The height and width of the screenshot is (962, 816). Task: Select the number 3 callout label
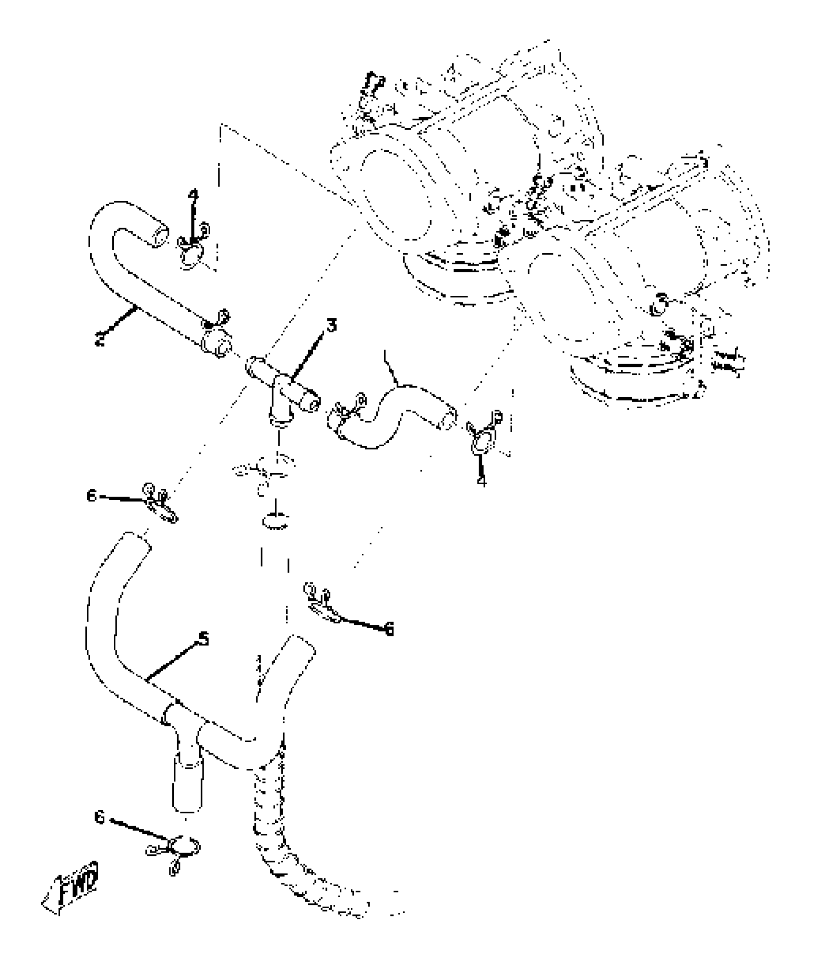click(x=331, y=326)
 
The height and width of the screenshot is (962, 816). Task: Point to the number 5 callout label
click(x=204, y=639)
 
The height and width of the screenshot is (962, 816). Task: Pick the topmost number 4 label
click(x=192, y=195)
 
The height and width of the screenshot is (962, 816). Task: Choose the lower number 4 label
click(x=481, y=480)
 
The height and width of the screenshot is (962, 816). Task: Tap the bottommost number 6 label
click(x=99, y=817)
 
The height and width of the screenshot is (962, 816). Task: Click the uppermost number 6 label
click(x=92, y=495)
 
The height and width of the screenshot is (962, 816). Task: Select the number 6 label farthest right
click(x=389, y=629)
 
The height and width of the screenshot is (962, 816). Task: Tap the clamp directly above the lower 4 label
click(x=482, y=435)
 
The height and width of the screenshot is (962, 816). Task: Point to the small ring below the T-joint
click(x=276, y=521)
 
